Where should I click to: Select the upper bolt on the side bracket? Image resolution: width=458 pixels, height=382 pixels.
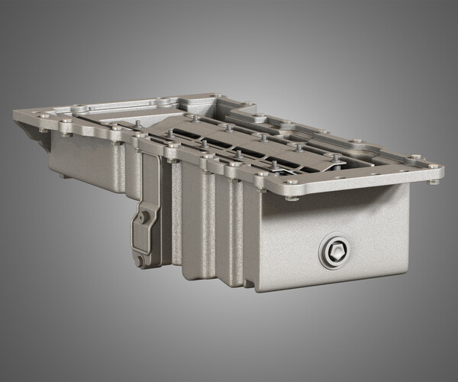click(142, 218)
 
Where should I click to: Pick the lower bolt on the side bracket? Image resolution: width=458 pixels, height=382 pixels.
click(139, 260)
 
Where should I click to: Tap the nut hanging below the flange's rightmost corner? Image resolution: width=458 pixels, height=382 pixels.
click(434, 181)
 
